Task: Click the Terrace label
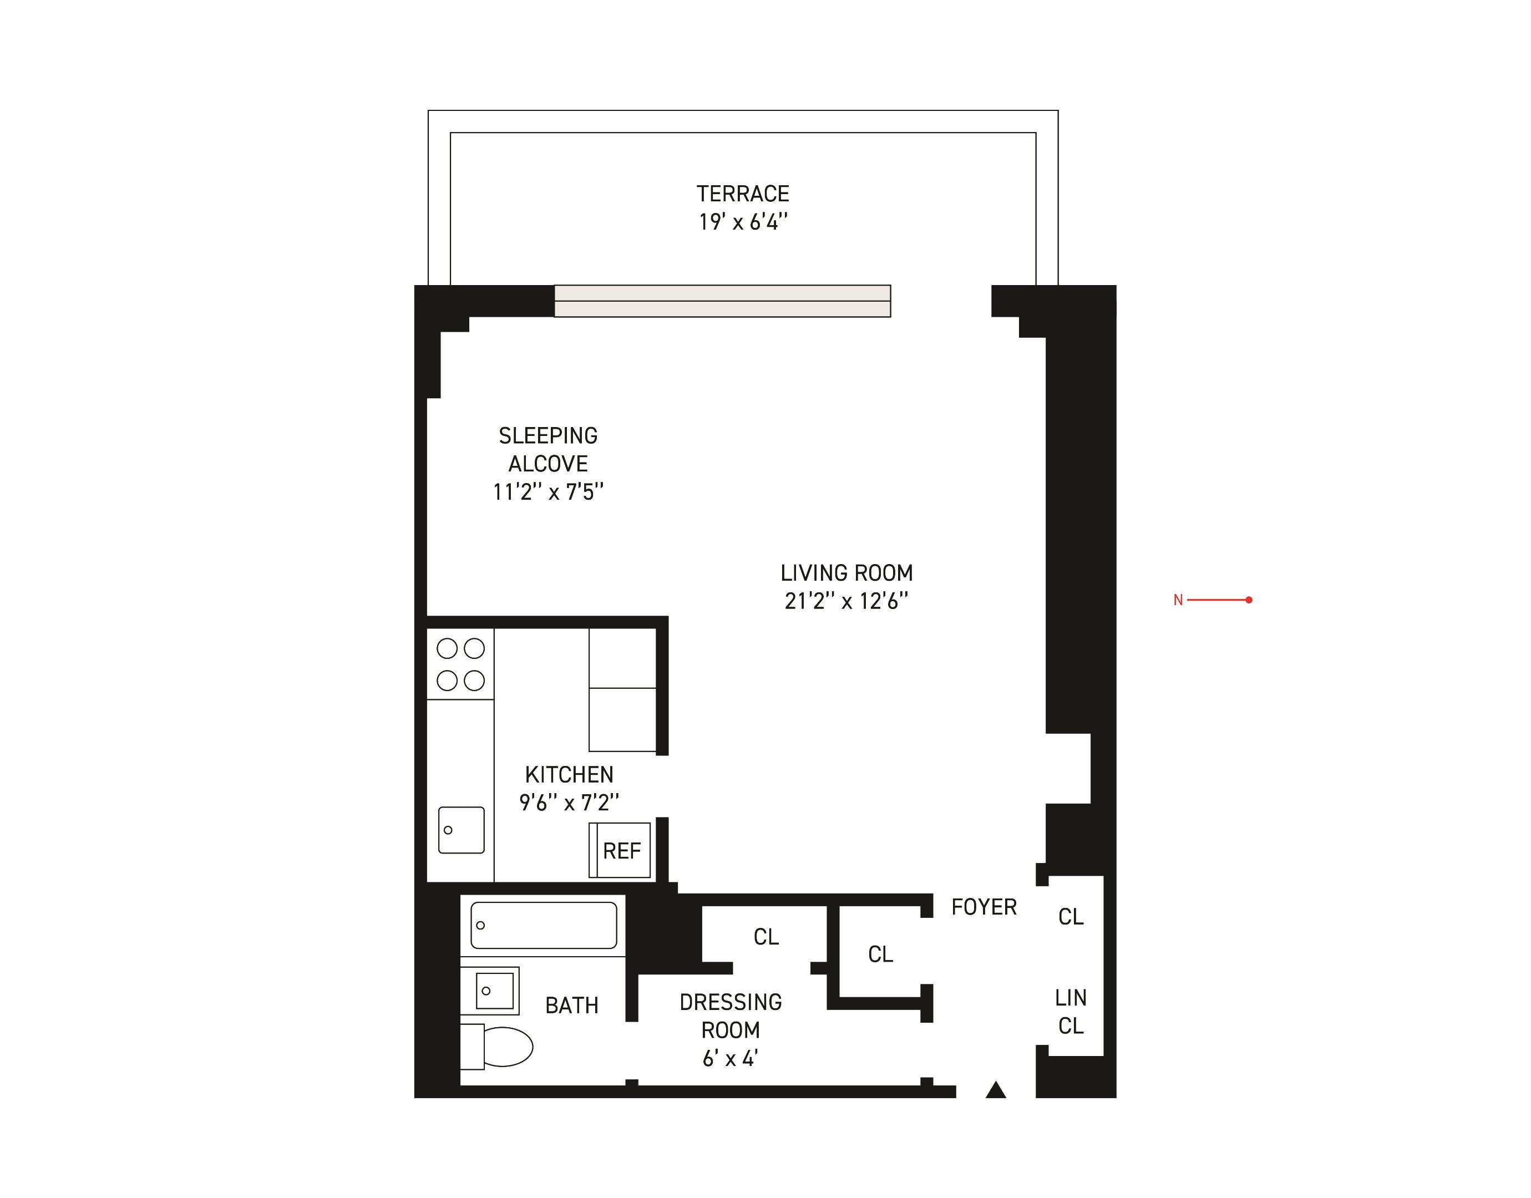(x=743, y=194)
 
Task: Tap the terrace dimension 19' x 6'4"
(x=743, y=222)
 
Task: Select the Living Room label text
(x=846, y=573)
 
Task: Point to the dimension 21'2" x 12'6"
(x=846, y=601)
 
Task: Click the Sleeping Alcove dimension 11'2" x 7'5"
(x=547, y=492)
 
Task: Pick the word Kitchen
(x=569, y=774)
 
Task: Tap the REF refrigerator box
(x=621, y=851)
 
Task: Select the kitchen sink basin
(x=461, y=830)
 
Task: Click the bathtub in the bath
(x=544, y=925)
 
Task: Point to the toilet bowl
(x=506, y=1047)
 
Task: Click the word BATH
(x=571, y=1005)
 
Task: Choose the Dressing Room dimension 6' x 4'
(x=730, y=1058)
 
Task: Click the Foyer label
(x=984, y=907)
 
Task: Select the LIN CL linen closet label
(x=1070, y=1012)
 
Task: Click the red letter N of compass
(x=1178, y=600)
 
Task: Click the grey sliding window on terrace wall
(x=722, y=301)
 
